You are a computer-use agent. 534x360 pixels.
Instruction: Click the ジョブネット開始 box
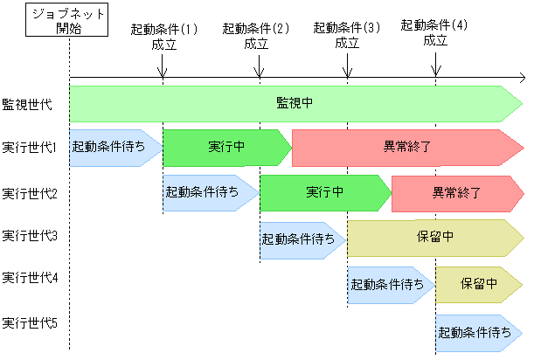(68, 19)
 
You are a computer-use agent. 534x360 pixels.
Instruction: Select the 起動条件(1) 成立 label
(164, 36)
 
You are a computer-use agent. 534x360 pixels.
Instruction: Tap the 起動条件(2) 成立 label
(256, 36)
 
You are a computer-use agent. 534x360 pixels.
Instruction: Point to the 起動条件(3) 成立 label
(347, 36)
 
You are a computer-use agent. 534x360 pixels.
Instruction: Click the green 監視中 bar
(295, 103)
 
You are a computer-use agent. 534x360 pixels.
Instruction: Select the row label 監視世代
(27, 104)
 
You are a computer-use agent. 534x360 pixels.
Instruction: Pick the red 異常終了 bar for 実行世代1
(406, 147)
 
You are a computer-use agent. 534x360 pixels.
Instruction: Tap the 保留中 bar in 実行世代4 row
(479, 284)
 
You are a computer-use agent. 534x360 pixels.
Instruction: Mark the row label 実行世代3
(30, 235)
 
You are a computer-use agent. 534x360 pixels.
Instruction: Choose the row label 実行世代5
(30, 324)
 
